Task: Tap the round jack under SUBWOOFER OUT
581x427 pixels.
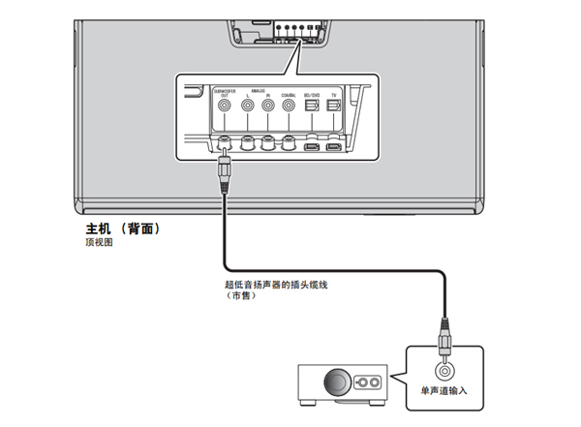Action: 225,107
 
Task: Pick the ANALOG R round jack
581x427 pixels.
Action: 268,107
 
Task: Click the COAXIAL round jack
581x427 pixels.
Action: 289,107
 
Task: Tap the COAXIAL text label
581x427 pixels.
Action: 289,95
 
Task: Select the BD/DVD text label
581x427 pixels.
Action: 311,95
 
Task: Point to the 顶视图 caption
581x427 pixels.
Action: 100,244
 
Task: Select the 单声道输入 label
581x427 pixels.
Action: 444,391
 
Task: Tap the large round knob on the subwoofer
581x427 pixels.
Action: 338,385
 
